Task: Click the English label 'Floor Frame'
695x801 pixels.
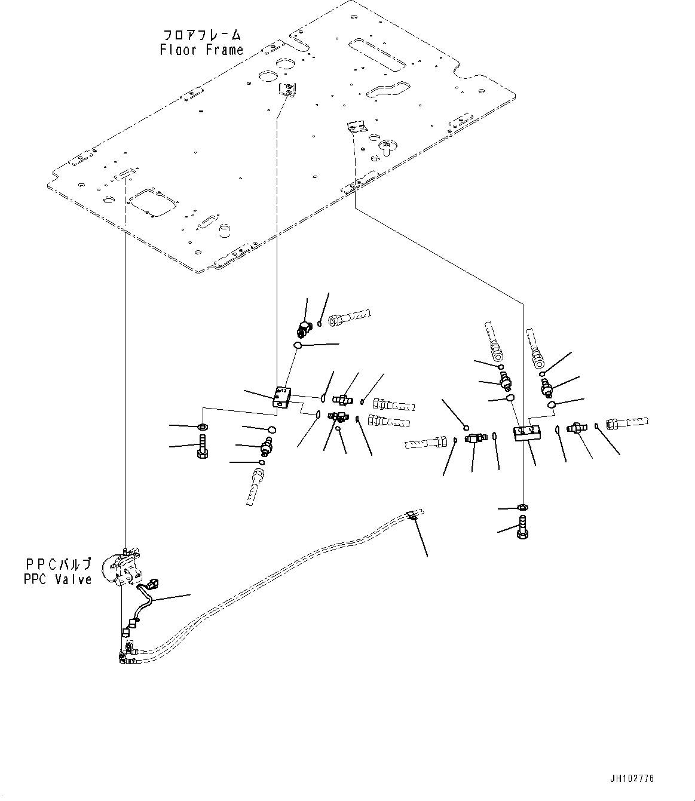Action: pyautogui.click(x=201, y=50)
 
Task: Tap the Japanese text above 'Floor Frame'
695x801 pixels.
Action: pyautogui.click(x=201, y=35)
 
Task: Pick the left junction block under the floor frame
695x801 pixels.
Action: pyautogui.click(x=283, y=397)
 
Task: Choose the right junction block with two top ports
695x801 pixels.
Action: pyautogui.click(x=526, y=433)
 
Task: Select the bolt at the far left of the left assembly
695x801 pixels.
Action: pyautogui.click(x=201, y=447)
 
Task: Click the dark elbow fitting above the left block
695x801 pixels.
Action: pyautogui.click(x=304, y=327)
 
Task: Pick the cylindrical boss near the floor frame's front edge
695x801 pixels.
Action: pyautogui.click(x=223, y=230)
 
